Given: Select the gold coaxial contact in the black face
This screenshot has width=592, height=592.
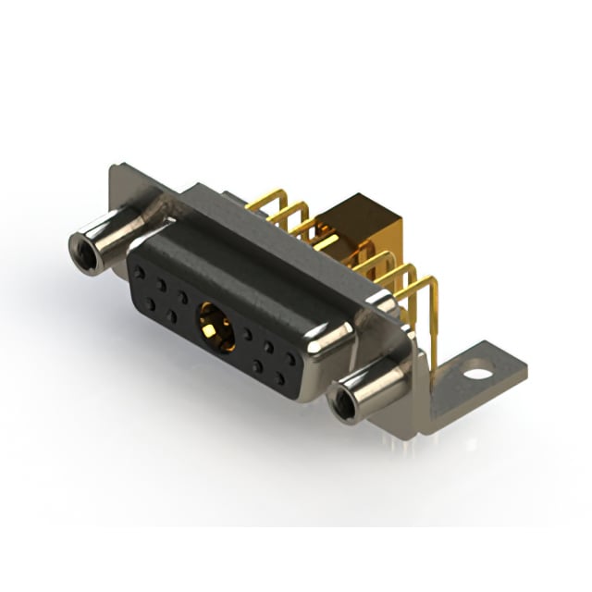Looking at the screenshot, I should tap(215, 327).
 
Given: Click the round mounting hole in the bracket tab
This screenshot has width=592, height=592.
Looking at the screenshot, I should tap(478, 375).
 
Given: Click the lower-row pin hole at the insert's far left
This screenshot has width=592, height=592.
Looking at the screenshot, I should tap(150, 303).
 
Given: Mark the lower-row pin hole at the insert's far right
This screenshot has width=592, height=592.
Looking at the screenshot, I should tap(279, 378).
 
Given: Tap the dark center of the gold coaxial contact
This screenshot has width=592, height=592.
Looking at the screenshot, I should tap(214, 328).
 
